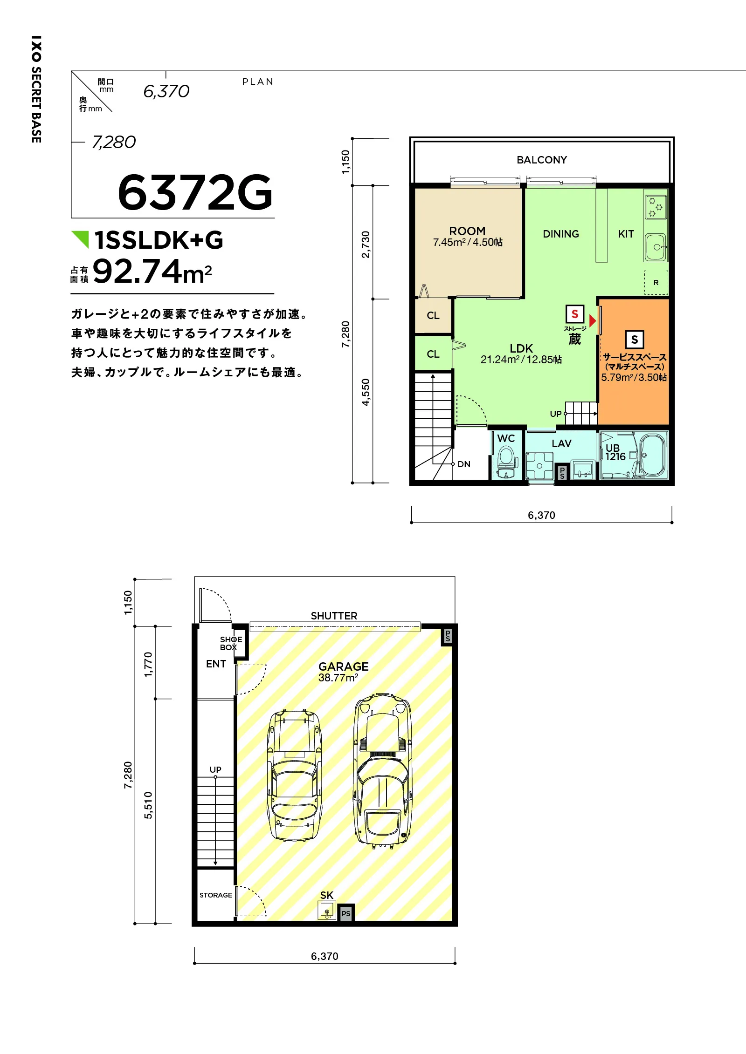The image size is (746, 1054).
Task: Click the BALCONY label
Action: pyautogui.click(x=542, y=160)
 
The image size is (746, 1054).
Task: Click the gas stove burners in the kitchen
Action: pyautogui.click(x=656, y=207)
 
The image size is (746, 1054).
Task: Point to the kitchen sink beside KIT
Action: pyautogui.click(x=656, y=247)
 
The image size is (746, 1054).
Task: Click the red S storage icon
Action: pyautogui.click(x=575, y=314)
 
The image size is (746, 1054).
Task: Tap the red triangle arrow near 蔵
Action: pyautogui.click(x=593, y=321)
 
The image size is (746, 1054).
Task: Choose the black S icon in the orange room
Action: pyautogui.click(x=635, y=340)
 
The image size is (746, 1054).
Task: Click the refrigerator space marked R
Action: pyautogui.click(x=656, y=282)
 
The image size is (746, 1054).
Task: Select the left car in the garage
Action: pyautogui.click(x=294, y=775)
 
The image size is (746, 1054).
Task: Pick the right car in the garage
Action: pyautogui.click(x=383, y=771)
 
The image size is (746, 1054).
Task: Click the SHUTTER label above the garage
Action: pyautogui.click(x=334, y=616)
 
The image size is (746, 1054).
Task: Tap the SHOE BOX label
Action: pyautogui.click(x=231, y=643)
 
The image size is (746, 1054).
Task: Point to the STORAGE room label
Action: pyautogui.click(x=216, y=895)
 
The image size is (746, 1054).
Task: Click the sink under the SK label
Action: pyautogui.click(x=326, y=910)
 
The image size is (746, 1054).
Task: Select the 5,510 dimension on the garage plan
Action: pyautogui.click(x=148, y=805)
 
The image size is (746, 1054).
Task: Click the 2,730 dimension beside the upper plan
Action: pyautogui.click(x=366, y=244)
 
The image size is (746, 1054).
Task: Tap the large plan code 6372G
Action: pyautogui.click(x=195, y=192)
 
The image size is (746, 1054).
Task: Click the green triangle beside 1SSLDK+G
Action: pyautogui.click(x=80, y=239)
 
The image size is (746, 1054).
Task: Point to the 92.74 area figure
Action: pyautogui.click(x=137, y=272)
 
